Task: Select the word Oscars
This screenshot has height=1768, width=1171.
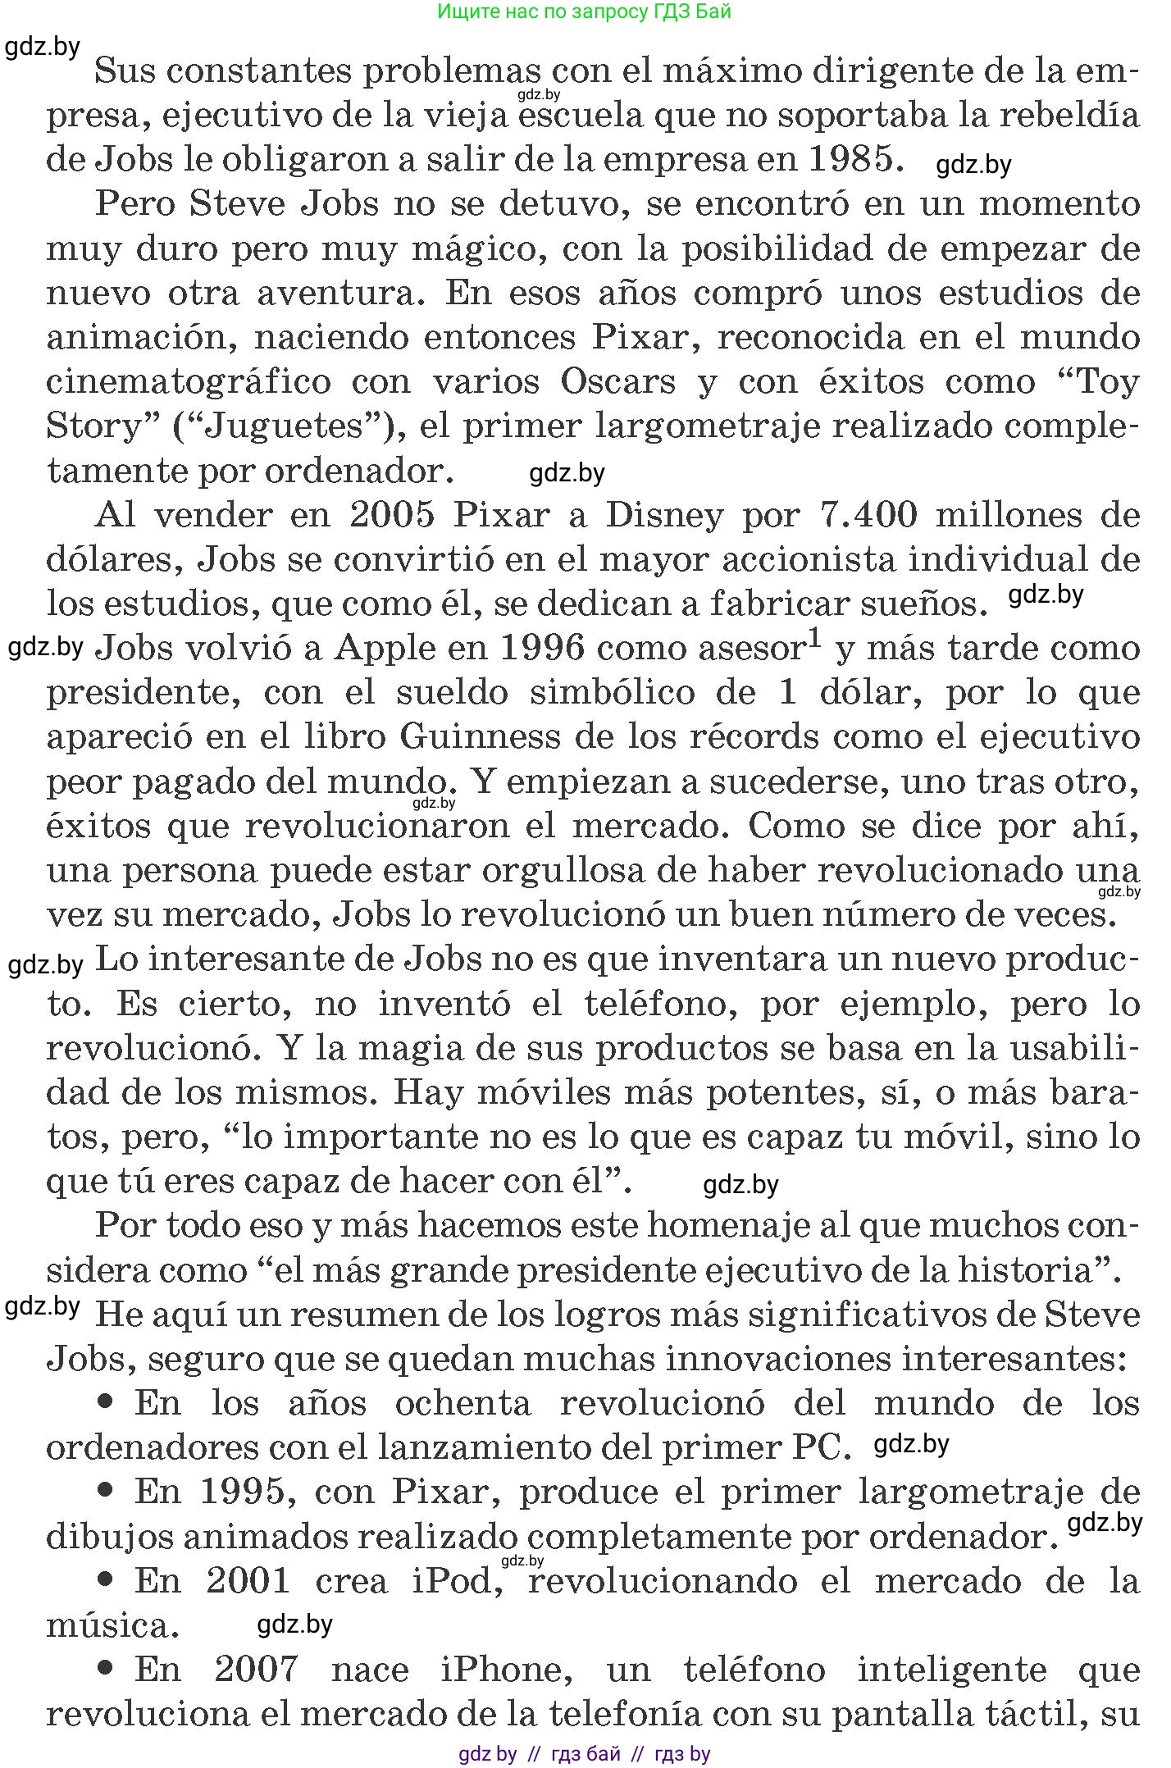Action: click(628, 382)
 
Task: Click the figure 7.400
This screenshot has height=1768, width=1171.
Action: click(868, 516)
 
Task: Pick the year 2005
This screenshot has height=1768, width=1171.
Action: click(391, 516)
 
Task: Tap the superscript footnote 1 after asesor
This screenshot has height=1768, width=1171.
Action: click(814, 638)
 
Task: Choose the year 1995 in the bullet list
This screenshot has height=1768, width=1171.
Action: click(248, 1492)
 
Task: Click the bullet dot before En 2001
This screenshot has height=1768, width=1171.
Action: click(104, 1579)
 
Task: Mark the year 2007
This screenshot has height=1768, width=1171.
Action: click(256, 1670)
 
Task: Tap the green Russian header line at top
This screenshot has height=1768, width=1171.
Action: click(585, 11)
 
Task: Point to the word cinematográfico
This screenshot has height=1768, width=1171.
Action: click(189, 382)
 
